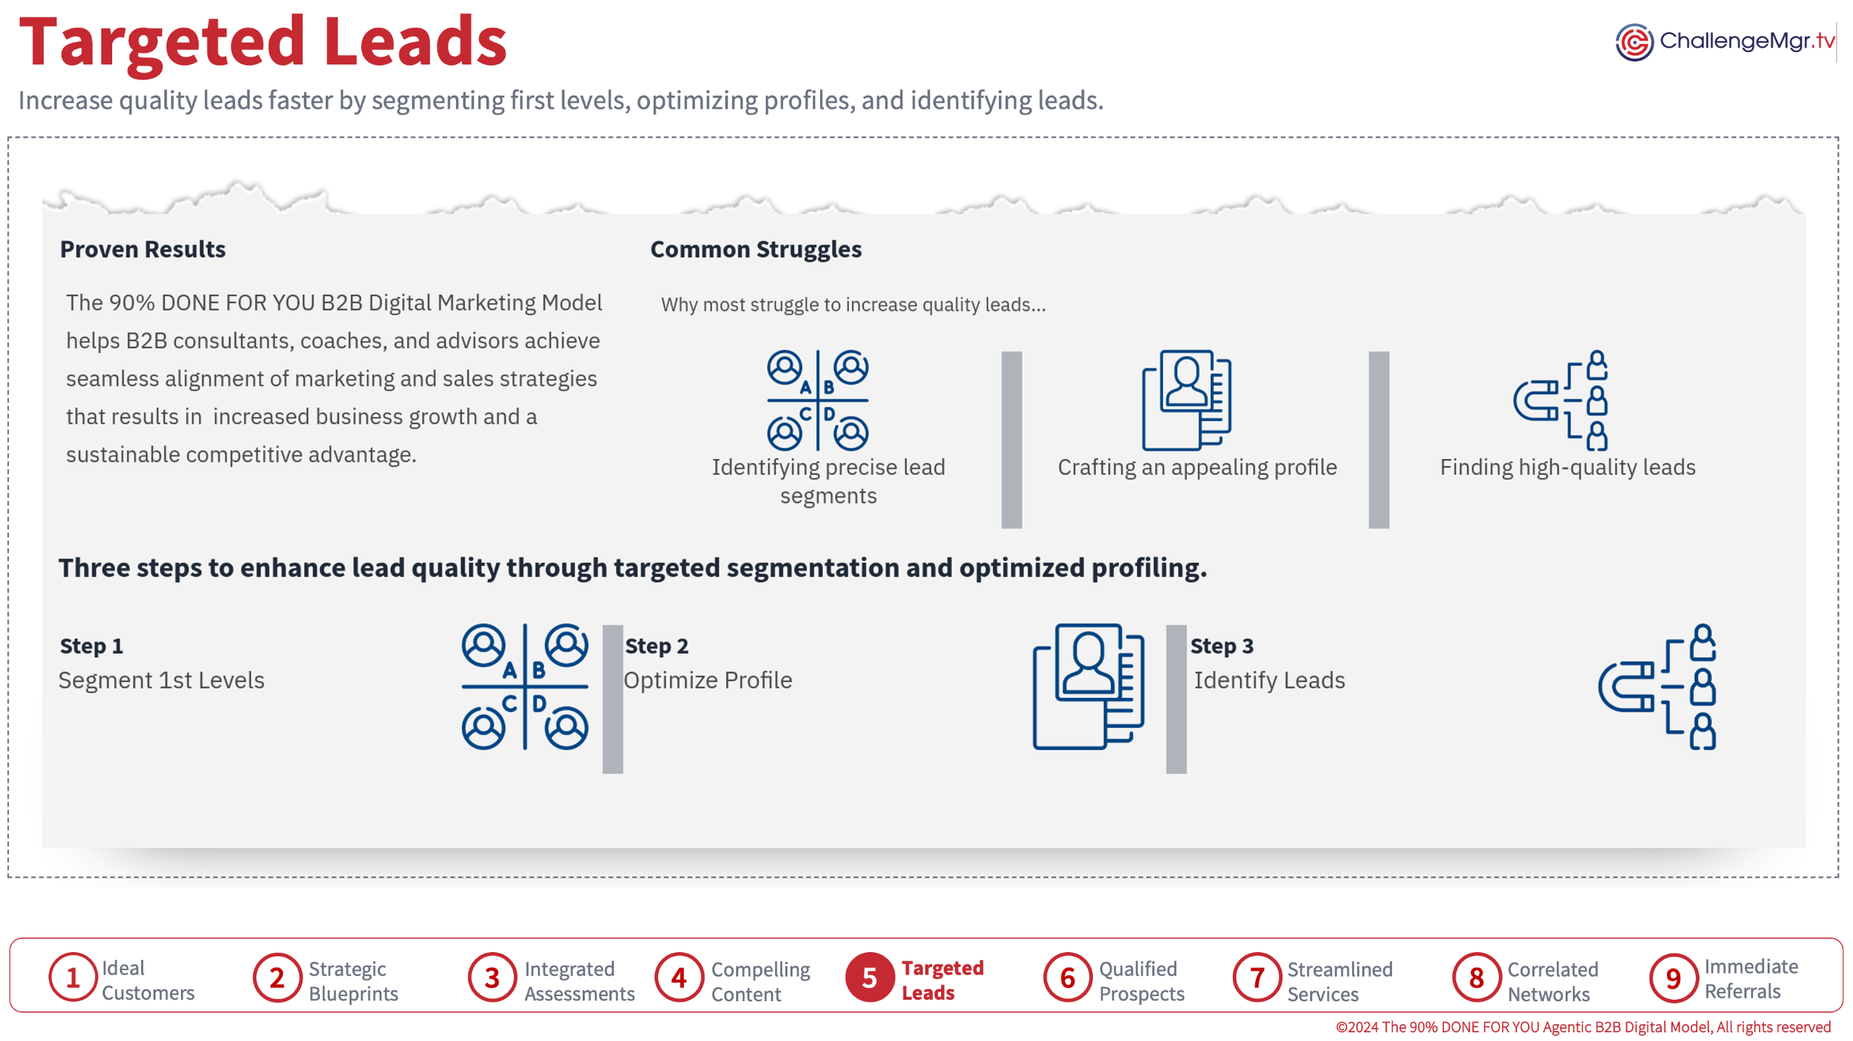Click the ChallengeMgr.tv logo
tap(1724, 41)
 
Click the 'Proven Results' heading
tap(143, 249)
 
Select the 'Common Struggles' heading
tap(756, 249)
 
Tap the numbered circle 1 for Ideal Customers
tap(72, 977)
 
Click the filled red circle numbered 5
tap(869, 977)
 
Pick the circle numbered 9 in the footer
tap(1673, 977)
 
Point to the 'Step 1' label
tap(91, 645)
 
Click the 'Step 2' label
tap(656, 645)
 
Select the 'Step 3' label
tap(1221, 645)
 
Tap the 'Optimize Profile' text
tap(707, 680)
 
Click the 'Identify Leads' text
tap(1269, 680)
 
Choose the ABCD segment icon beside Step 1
tap(525, 686)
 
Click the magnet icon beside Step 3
tap(1657, 686)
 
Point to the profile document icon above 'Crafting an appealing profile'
tap(1186, 400)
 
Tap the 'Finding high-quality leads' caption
tap(1567, 467)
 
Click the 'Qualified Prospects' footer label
tap(1141, 981)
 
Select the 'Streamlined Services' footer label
tap(1339, 981)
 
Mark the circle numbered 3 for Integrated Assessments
tap(491, 977)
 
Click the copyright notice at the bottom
tap(1582, 1027)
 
